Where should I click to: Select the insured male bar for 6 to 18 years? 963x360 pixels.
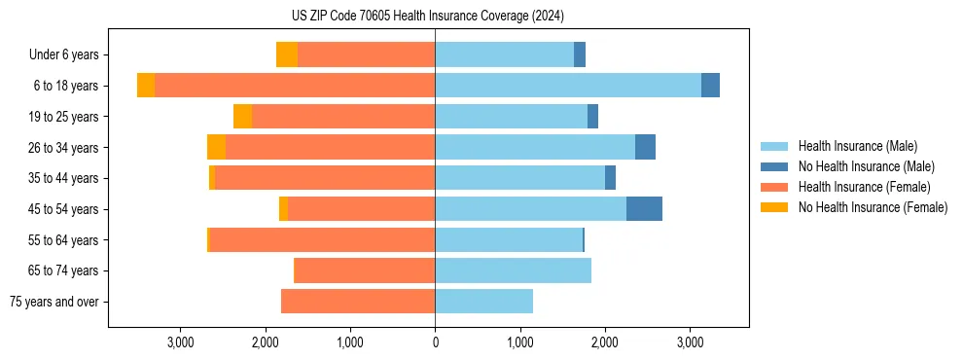click(x=568, y=86)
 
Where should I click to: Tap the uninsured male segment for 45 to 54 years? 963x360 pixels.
click(x=644, y=209)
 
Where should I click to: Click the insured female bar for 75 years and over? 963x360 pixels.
click(x=358, y=302)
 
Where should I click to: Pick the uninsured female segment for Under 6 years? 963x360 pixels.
click(x=287, y=54)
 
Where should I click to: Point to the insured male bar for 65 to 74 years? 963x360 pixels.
click(x=513, y=270)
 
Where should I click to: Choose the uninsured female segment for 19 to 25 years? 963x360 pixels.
click(x=243, y=117)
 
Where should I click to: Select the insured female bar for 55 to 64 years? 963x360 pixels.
click(x=322, y=240)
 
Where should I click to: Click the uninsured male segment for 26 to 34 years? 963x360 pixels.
click(x=645, y=147)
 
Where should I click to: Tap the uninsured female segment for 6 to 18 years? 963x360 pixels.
click(x=146, y=86)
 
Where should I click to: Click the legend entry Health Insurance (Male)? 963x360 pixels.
click(x=857, y=146)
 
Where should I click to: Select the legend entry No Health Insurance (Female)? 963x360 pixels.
click(x=873, y=207)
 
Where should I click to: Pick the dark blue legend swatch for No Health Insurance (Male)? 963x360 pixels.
click(x=775, y=166)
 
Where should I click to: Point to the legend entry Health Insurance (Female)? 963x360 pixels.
click(x=864, y=187)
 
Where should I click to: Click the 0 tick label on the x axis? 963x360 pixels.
click(x=435, y=342)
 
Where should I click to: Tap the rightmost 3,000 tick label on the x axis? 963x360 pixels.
click(x=690, y=342)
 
